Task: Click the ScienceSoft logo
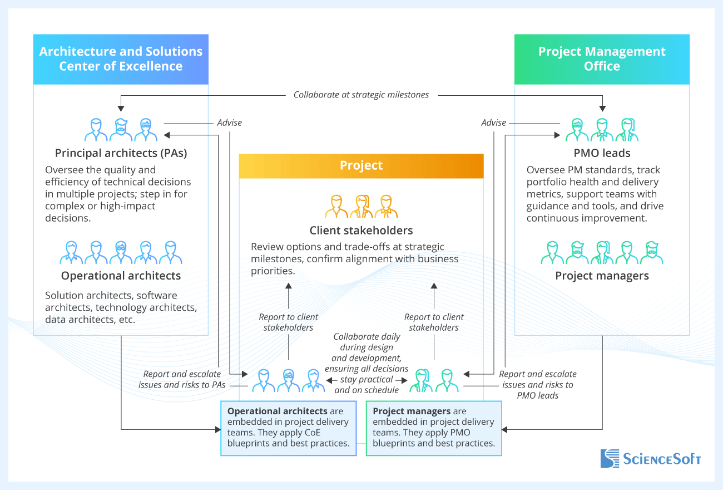tap(650, 458)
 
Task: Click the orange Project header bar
tap(361, 165)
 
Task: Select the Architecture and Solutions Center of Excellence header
tap(121, 59)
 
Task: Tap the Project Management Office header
tap(602, 59)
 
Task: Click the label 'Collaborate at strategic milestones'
tap(361, 95)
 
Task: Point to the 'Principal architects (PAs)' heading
tap(121, 153)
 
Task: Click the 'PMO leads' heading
tap(602, 153)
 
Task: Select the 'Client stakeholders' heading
tap(361, 231)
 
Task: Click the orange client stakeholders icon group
tap(361, 207)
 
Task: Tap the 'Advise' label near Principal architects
tap(229, 122)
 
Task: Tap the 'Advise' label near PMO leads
tap(494, 122)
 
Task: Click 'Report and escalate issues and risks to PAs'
tap(182, 379)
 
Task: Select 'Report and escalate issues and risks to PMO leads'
tap(538, 384)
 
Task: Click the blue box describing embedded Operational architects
tap(288, 427)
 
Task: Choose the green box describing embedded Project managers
tap(434, 427)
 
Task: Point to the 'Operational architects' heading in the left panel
tap(121, 276)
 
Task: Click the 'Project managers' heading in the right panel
tap(602, 276)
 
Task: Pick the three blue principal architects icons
tap(121, 130)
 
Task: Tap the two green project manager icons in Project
tap(434, 380)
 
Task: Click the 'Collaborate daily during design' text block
tap(367, 363)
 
